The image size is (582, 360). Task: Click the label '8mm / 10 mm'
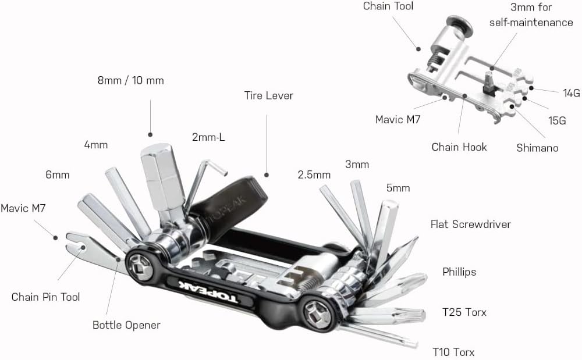click(x=130, y=80)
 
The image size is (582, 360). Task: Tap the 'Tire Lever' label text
click(x=268, y=95)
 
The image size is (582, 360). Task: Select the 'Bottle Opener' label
click(x=126, y=325)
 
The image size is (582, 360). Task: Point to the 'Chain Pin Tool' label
click(x=45, y=297)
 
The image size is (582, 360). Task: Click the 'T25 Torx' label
click(x=464, y=312)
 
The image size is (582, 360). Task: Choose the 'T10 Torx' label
click(x=453, y=352)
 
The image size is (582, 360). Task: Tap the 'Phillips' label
click(x=459, y=272)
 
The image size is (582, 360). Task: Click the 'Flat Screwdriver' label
click(x=470, y=224)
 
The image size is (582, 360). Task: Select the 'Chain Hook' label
click(x=459, y=147)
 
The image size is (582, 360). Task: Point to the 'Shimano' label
click(x=537, y=148)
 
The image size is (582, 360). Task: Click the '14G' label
click(x=572, y=93)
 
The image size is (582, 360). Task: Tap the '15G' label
click(x=557, y=120)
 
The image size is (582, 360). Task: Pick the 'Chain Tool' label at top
click(x=388, y=6)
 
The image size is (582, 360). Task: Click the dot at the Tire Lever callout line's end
click(x=267, y=174)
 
